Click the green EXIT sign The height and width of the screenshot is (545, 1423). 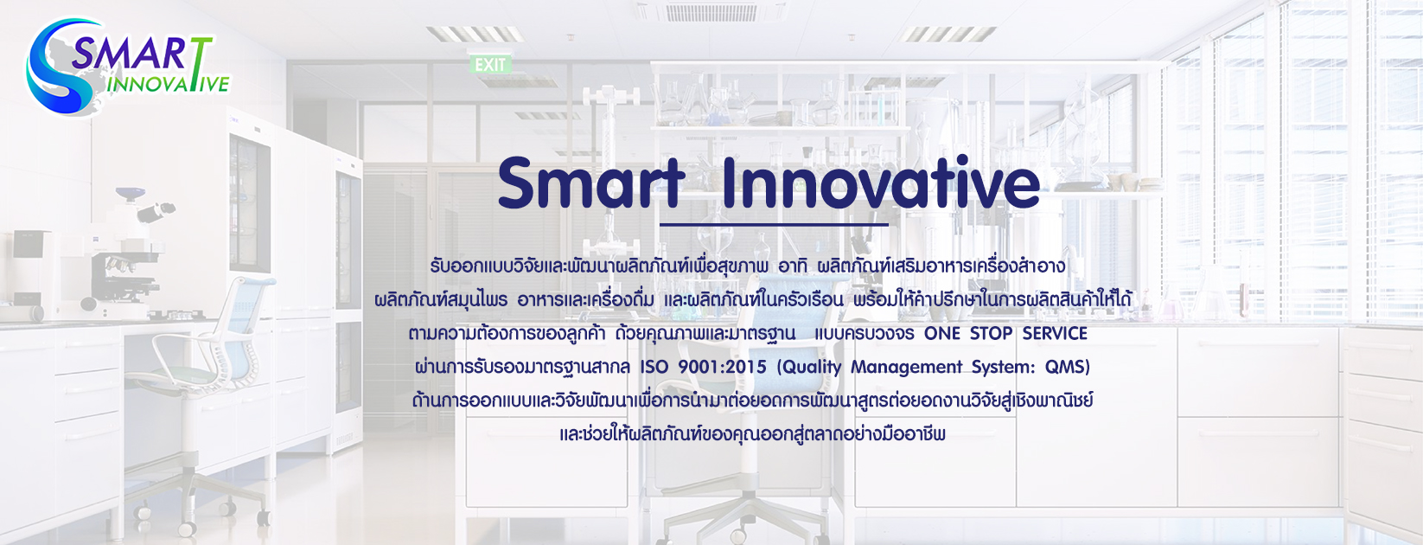point(490,64)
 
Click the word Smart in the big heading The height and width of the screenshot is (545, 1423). point(591,183)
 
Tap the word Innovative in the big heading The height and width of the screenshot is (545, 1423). point(881,183)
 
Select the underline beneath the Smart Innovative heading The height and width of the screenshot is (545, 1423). point(774,224)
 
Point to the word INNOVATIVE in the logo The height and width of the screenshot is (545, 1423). point(168,85)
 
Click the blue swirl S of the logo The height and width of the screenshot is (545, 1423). point(57,67)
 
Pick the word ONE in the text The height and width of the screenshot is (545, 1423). point(941,333)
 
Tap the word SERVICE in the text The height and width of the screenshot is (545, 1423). point(1055,333)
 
